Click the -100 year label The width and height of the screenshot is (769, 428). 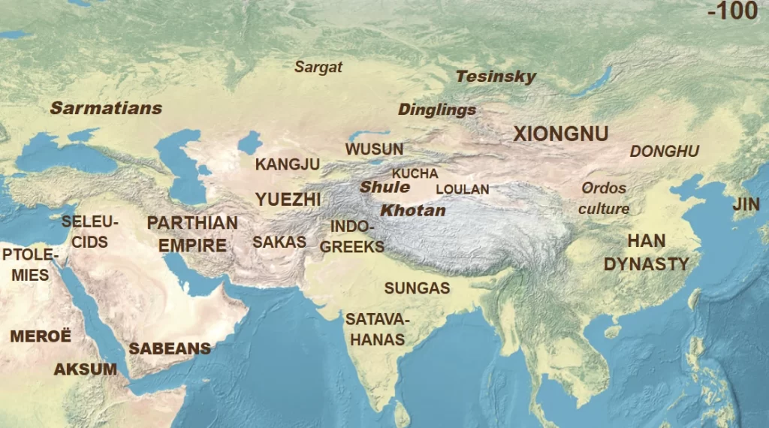733,13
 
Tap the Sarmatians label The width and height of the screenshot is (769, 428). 106,108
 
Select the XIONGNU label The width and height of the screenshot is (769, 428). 560,134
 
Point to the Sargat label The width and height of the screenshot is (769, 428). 318,67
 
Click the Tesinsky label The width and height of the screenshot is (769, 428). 496,77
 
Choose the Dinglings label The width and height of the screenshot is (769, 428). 436,110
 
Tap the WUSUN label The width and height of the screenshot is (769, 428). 374,149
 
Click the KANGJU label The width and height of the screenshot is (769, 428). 288,164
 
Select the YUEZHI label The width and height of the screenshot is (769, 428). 288,199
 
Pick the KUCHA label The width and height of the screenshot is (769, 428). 415,173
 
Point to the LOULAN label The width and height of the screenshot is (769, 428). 462,189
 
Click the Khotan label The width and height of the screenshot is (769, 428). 412,210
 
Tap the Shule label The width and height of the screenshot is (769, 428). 384,188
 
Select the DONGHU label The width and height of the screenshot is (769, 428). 664,152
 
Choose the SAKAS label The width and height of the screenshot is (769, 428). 279,242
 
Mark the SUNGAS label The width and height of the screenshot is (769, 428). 417,288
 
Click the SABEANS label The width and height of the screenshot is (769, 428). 170,348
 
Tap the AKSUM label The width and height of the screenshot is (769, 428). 85,369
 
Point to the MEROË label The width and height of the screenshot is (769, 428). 41,336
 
